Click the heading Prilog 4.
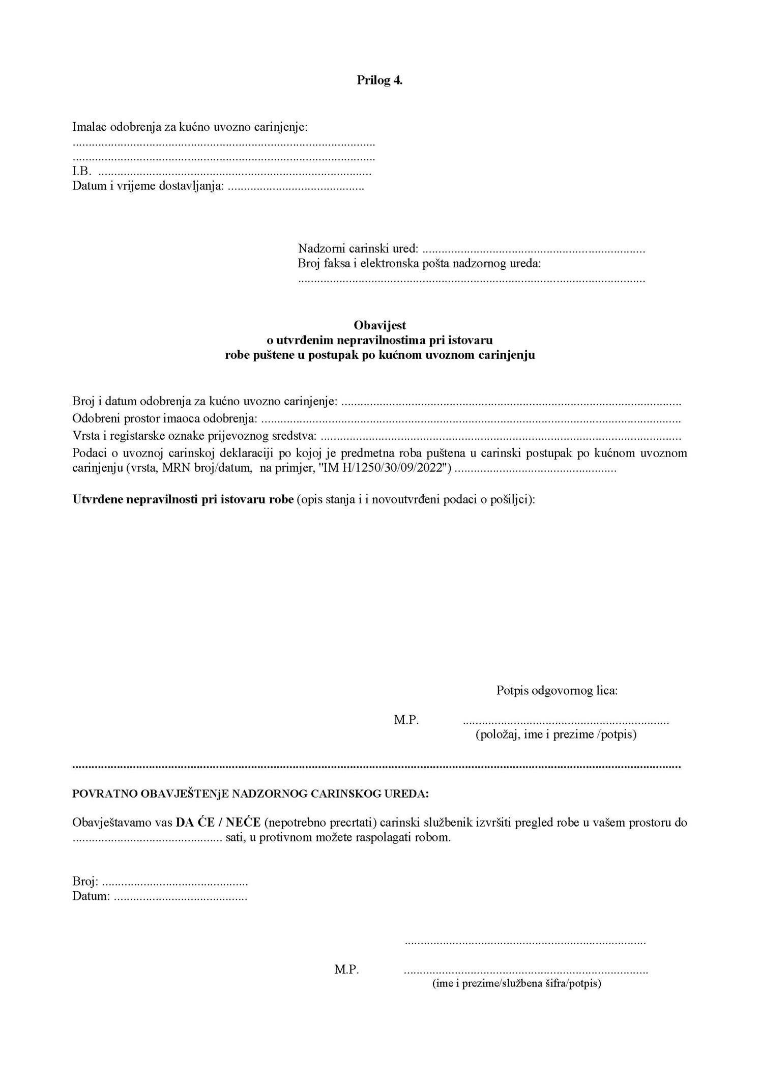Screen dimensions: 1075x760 [379, 80]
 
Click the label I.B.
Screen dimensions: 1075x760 [81, 172]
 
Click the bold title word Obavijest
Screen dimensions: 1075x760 [379, 325]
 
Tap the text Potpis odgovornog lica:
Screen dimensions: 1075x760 [557, 691]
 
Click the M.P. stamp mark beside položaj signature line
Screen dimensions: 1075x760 [406, 720]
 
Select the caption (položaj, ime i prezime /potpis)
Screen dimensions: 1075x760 [556, 734]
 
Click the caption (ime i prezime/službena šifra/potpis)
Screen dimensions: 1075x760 [516, 983]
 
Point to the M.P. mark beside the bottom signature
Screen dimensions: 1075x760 [346, 970]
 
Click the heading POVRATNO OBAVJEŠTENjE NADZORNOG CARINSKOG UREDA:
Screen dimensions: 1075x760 [251, 794]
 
